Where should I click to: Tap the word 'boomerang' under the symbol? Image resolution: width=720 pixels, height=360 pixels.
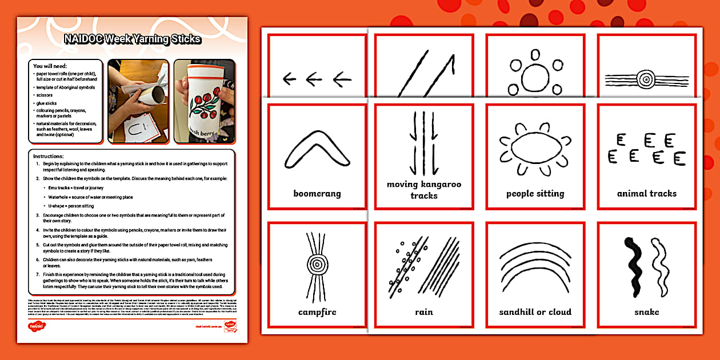pyautogui.click(x=317, y=194)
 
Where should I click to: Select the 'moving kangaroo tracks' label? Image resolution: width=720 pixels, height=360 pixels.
pyautogui.click(x=423, y=190)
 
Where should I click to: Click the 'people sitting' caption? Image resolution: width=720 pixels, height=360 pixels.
pyautogui.click(x=535, y=194)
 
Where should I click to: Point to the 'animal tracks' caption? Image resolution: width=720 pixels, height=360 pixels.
pyautogui.click(x=646, y=194)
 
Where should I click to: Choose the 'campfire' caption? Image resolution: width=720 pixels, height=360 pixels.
pyautogui.click(x=317, y=312)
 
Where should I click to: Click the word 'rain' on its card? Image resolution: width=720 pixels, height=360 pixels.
pyautogui.click(x=423, y=312)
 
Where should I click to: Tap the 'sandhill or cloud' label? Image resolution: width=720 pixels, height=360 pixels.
pyautogui.click(x=535, y=312)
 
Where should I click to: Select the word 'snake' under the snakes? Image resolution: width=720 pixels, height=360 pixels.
pyautogui.click(x=646, y=312)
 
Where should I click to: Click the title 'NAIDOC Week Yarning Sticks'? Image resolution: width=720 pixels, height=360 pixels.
pyautogui.click(x=132, y=39)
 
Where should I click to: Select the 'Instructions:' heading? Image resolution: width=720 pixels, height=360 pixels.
pyautogui.click(x=49, y=156)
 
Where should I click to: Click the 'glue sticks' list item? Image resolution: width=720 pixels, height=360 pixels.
pyautogui.click(x=47, y=103)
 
